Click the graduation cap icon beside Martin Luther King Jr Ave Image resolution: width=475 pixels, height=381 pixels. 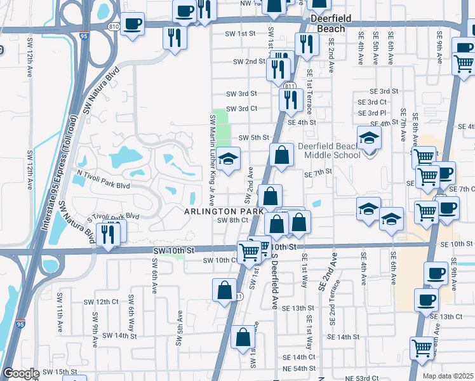[x=228, y=159]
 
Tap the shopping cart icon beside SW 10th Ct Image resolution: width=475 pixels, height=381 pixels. [x=250, y=251]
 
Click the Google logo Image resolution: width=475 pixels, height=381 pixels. [x=21, y=373]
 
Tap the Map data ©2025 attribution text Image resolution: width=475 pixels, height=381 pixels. [x=448, y=376]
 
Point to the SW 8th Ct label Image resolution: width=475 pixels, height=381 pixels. [x=232, y=220]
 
